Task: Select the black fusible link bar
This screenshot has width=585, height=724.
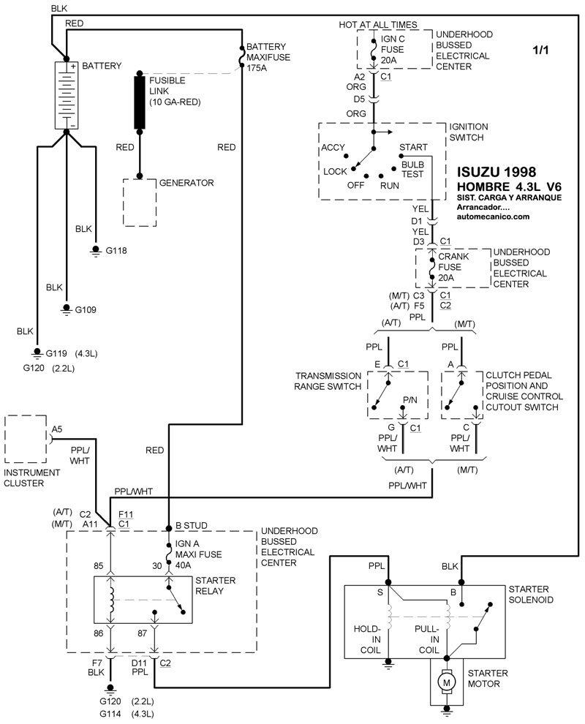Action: coord(140,102)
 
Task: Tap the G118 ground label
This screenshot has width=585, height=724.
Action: coord(116,251)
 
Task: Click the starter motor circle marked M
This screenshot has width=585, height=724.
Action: coord(444,682)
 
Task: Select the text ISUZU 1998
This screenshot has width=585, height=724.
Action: coord(497,172)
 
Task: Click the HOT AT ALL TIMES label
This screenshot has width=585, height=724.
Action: coord(377,25)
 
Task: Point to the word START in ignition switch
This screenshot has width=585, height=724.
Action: coord(413,147)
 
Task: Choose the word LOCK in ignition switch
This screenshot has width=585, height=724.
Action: coord(335,171)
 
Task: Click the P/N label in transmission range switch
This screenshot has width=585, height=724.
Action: coord(409,401)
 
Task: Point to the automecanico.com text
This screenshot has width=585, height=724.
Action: coord(493,216)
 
